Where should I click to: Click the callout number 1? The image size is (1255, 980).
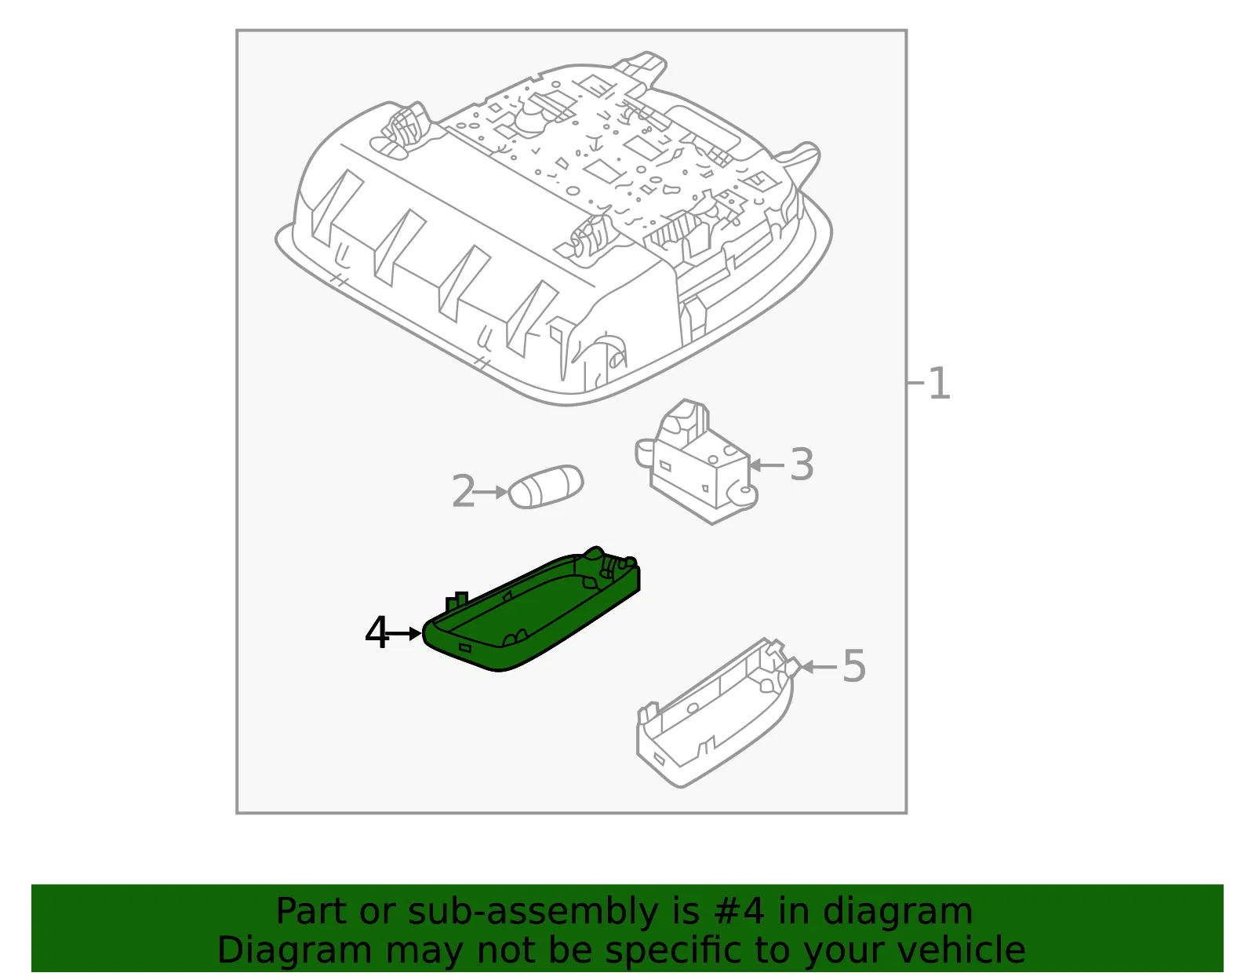(939, 383)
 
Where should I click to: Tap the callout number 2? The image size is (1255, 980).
(464, 491)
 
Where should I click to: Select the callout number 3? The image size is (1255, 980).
(802, 464)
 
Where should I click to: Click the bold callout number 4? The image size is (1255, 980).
(376, 632)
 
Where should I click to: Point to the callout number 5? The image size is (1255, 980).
(854, 666)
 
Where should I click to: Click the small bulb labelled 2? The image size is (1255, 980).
(545, 486)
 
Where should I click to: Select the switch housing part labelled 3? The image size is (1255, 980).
(696, 461)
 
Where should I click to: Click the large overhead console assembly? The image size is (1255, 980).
(553, 229)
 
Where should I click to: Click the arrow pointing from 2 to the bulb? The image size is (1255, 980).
(489, 492)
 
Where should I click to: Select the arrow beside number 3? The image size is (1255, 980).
(766, 464)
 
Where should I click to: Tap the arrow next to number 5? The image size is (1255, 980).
(819, 667)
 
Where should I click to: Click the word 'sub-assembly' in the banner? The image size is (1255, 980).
(533, 911)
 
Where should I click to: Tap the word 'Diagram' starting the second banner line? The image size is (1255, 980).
(294, 950)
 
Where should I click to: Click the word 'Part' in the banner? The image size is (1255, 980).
(312, 911)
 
